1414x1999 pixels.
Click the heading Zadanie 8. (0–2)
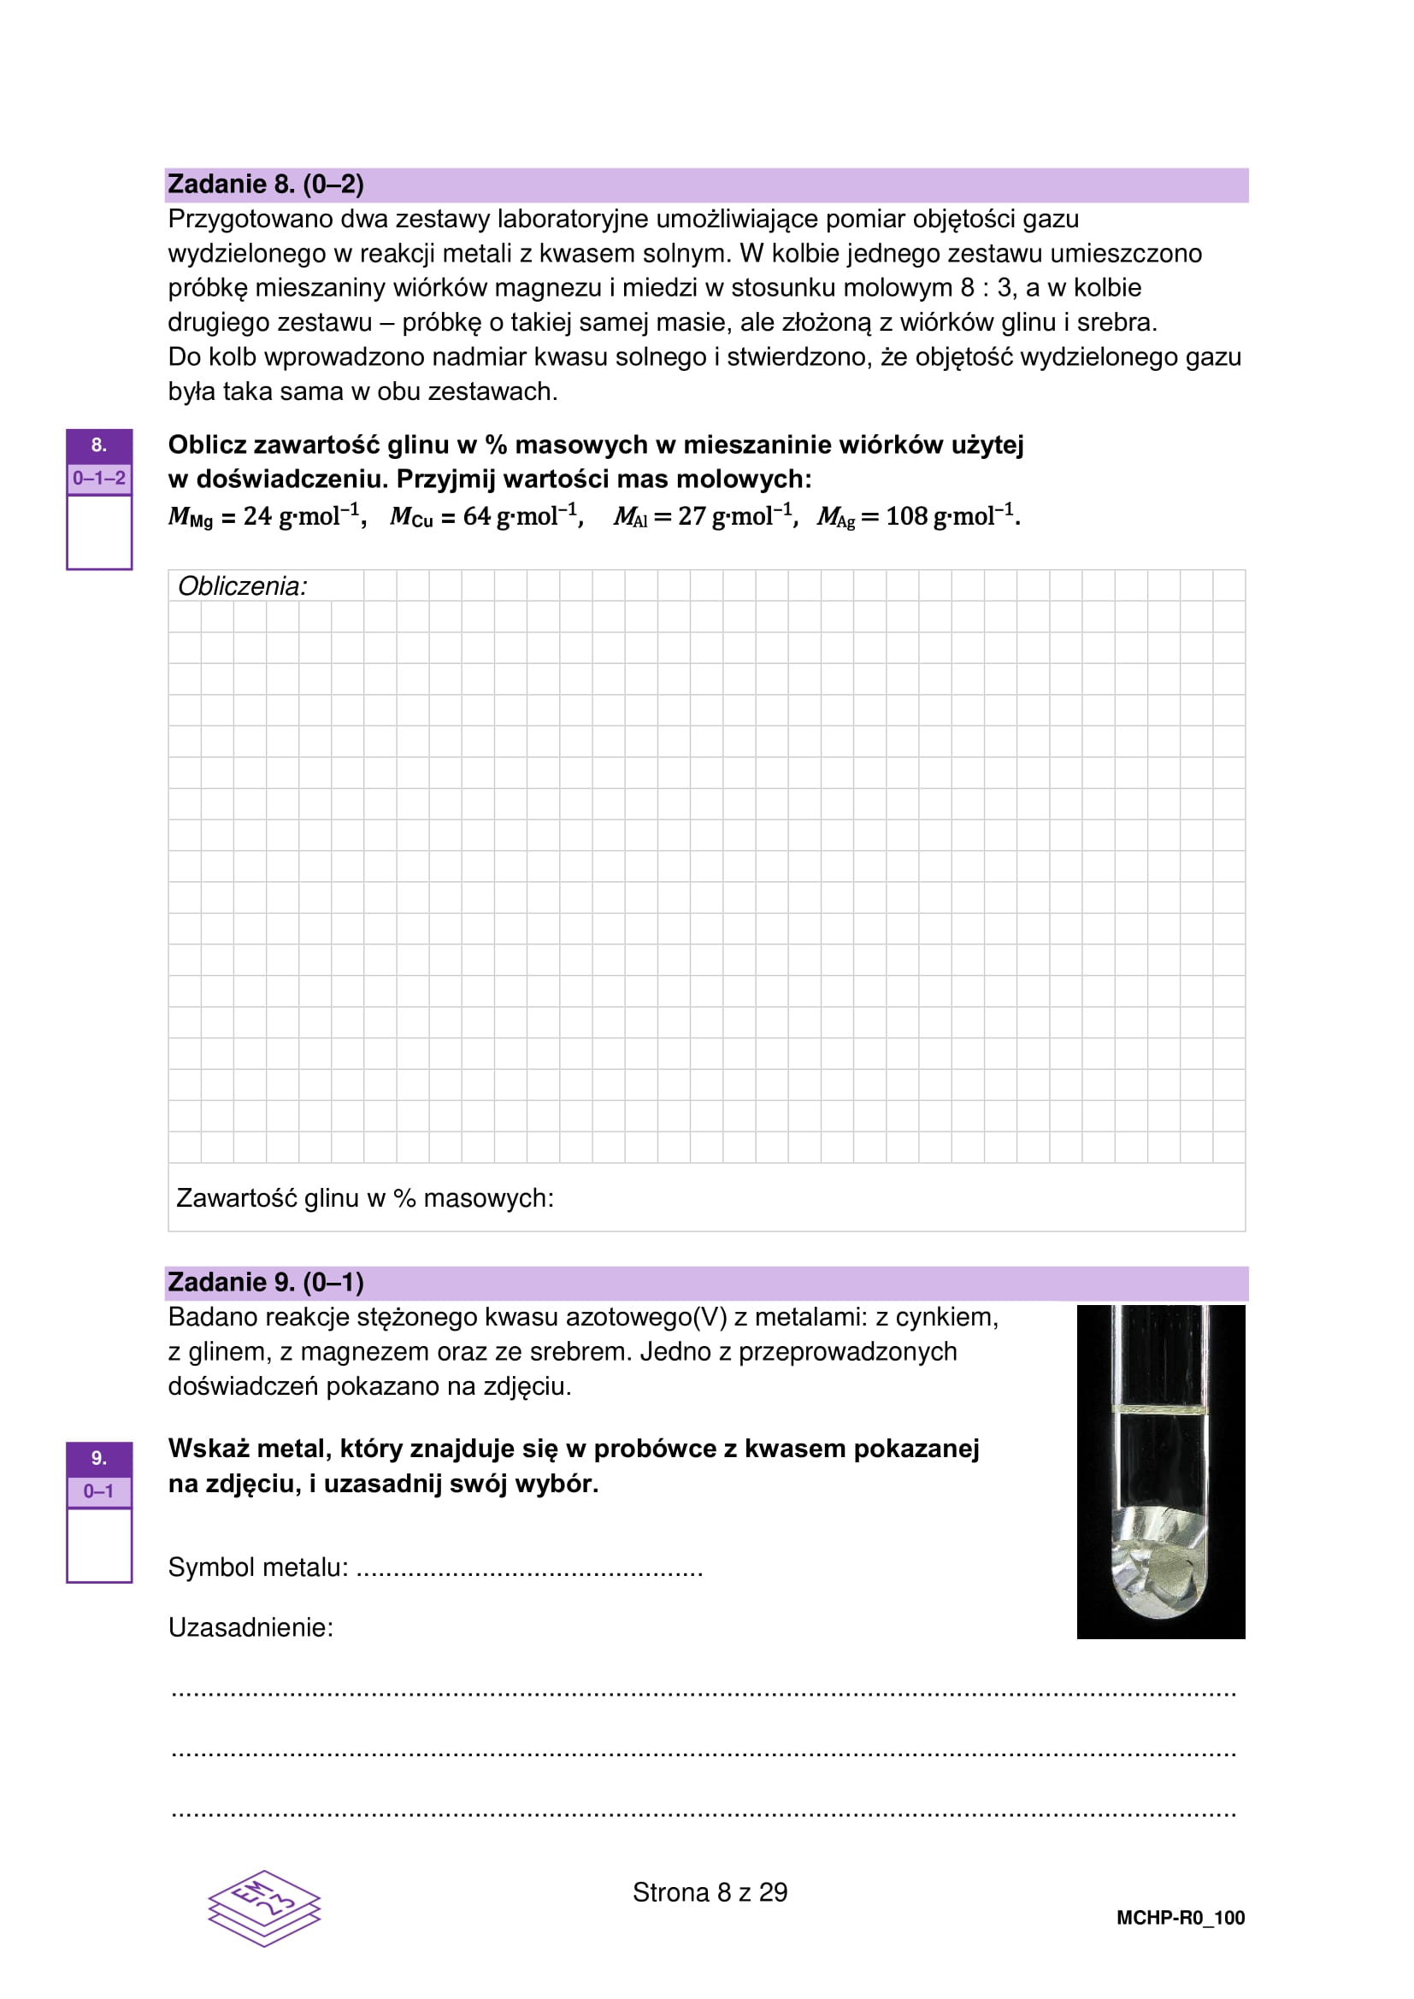click(266, 185)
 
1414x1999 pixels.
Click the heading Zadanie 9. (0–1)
click(266, 1283)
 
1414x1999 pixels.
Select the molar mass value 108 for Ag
click(906, 516)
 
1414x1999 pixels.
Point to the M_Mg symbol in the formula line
click(190, 517)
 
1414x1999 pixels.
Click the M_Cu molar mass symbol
click(411, 517)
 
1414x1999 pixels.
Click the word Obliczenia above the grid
click(242, 587)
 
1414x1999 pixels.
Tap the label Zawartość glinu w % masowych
click(365, 1198)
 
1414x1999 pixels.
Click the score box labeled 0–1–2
click(99, 478)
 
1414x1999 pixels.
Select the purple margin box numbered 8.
click(99, 446)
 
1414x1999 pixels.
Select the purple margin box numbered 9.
click(99, 1457)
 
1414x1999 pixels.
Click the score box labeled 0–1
click(99, 1491)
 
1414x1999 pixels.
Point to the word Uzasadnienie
click(250, 1628)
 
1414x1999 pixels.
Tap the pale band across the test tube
click(1161, 1408)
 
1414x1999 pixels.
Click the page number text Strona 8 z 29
click(710, 1893)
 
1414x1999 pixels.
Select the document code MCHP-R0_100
click(1180, 1918)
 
